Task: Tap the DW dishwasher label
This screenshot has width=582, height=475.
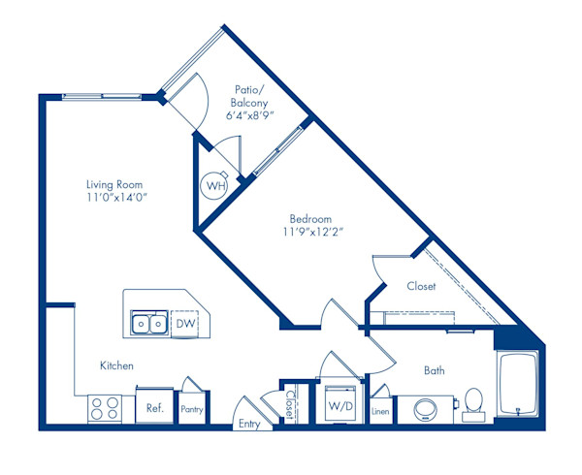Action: (184, 323)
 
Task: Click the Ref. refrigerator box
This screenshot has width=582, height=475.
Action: (154, 408)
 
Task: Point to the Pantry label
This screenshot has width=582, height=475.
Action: (191, 410)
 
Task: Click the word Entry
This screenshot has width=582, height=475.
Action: (250, 425)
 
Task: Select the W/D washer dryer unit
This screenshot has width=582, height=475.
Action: (339, 405)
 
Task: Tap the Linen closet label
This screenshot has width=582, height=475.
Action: (381, 412)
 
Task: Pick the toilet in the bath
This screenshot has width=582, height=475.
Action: (474, 402)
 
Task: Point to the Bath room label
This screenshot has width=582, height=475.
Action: (435, 370)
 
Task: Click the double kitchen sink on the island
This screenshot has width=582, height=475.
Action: (149, 323)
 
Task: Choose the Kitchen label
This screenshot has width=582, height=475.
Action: (116, 365)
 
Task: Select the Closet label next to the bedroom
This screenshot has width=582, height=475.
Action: (420, 286)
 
